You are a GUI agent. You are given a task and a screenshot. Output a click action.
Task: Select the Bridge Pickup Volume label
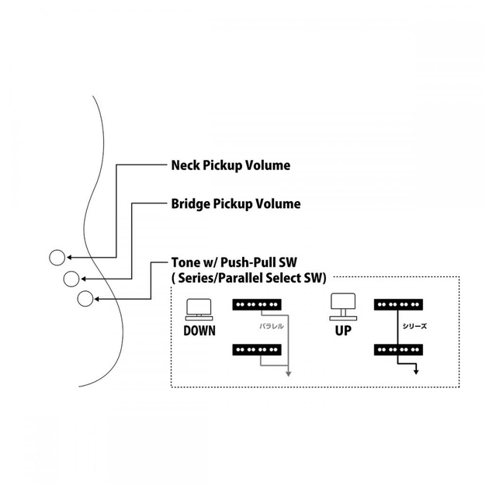[x=235, y=204]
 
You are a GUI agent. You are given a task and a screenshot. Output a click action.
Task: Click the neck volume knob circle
[x=57, y=258]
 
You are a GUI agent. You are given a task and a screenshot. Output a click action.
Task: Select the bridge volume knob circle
[x=71, y=278]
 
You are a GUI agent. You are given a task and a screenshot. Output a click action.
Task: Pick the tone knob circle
[x=85, y=297]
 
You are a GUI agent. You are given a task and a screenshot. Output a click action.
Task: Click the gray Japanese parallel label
[x=272, y=328]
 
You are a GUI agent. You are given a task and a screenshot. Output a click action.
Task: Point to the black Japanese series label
[x=414, y=328]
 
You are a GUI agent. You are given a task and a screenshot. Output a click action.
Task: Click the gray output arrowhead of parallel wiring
[x=288, y=373]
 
